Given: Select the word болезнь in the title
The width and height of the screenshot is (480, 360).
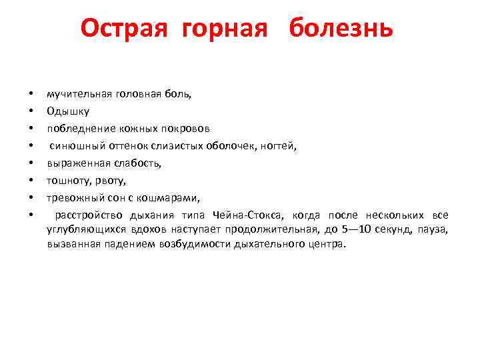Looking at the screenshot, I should (341, 29).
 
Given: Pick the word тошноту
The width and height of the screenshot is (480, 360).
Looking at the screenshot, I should (67, 180).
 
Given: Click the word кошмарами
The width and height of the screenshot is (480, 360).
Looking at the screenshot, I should (174, 197).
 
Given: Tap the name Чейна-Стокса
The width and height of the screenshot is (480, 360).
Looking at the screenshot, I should (249, 215).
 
